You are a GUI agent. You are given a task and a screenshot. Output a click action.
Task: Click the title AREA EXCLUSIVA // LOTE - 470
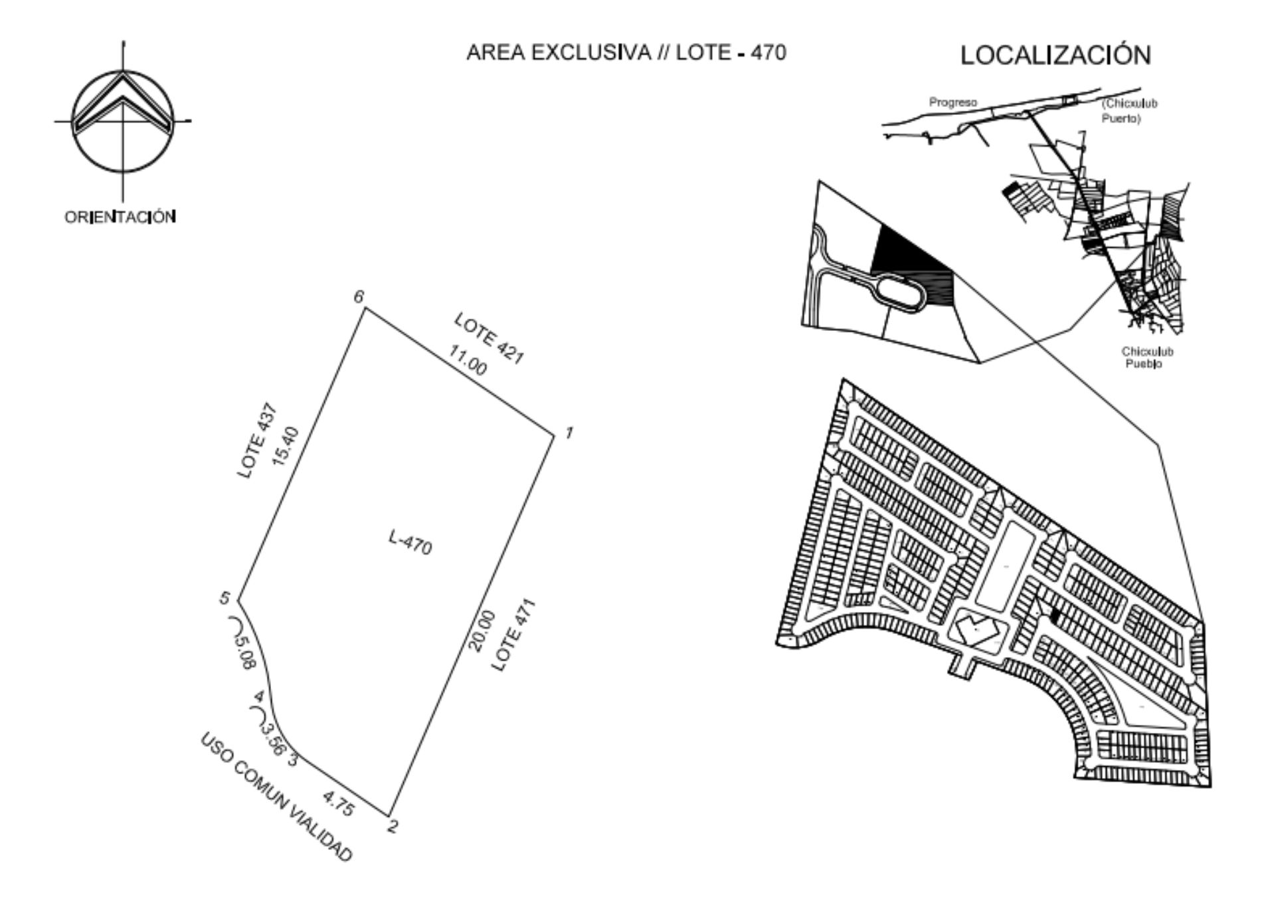626,52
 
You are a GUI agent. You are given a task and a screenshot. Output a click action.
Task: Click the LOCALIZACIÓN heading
1055,54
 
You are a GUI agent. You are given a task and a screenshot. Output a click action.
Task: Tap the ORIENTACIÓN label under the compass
120,217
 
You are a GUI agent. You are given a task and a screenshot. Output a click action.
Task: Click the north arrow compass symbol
122,121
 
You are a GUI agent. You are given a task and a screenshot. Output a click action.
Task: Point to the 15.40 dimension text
286,447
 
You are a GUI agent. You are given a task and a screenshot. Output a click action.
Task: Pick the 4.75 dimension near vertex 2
338,803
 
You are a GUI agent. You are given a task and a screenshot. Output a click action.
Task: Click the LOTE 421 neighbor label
490,338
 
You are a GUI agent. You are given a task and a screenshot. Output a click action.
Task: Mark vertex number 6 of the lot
359,296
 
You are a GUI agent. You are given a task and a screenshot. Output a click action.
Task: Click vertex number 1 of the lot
569,433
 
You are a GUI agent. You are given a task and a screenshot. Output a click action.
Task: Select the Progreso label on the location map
953,102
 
